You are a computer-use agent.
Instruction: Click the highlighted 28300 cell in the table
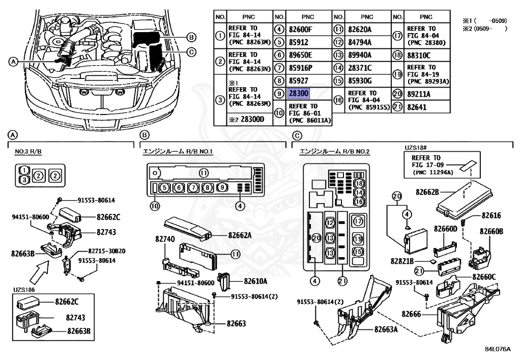(x=299, y=94)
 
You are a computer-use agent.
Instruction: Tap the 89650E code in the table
(x=301, y=55)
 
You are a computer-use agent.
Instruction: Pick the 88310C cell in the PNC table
(x=419, y=55)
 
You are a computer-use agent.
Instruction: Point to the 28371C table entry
(x=360, y=68)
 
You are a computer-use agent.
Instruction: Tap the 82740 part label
(x=165, y=238)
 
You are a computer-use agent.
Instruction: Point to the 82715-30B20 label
(x=107, y=251)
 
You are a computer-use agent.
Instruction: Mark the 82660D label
(x=446, y=229)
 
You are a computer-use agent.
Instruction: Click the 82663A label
(x=386, y=329)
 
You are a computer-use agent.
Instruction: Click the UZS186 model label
(x=24, y=290)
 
